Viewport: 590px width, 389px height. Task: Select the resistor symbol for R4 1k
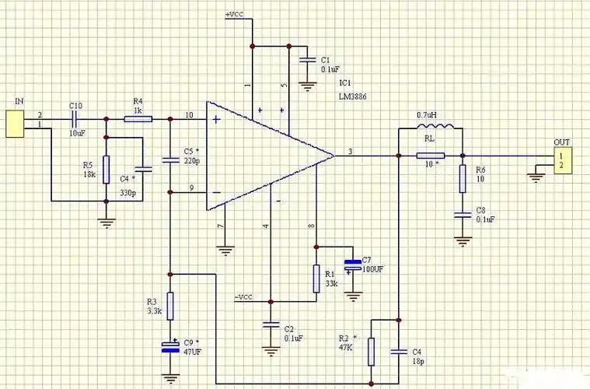click(138, 118)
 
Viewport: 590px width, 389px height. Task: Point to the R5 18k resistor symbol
click(106, 168)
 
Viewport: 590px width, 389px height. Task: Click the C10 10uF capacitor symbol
click(75, 118)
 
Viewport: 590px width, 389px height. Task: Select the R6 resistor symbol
click(462, 178)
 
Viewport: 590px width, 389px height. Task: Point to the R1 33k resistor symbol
click(316, 278)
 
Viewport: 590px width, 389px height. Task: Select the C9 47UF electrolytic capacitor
click(170, 347)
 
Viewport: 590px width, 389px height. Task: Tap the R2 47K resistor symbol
click(372, 351)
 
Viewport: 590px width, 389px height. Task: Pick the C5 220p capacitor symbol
click(170, 160)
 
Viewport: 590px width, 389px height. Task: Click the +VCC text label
click(236, 15)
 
